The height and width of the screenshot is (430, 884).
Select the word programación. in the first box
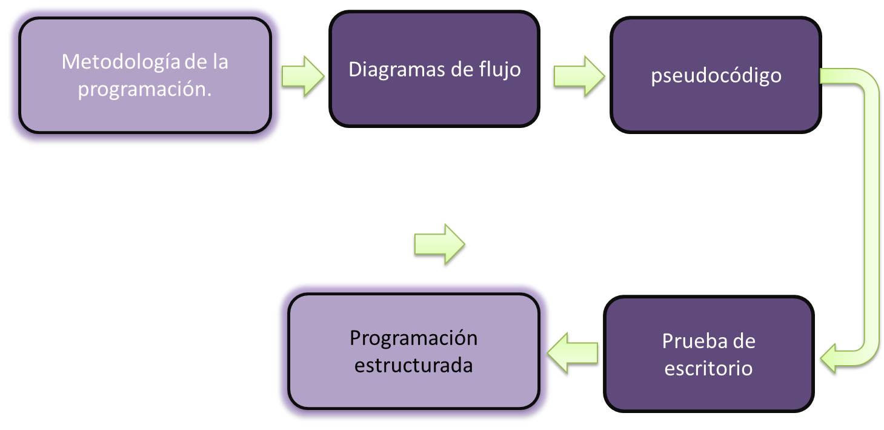[145, 89]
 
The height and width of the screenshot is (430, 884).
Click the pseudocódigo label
[716, 76]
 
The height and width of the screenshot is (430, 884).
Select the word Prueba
[690, 341]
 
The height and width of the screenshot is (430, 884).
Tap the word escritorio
[708, 368]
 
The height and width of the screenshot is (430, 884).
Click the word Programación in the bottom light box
[413, 338]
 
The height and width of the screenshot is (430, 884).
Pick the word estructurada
[413, 366]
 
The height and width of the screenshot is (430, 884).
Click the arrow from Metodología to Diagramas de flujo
[302, 76]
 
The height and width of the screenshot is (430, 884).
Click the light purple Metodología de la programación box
[145, 115]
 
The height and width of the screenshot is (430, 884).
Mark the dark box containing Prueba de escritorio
[708, 394]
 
